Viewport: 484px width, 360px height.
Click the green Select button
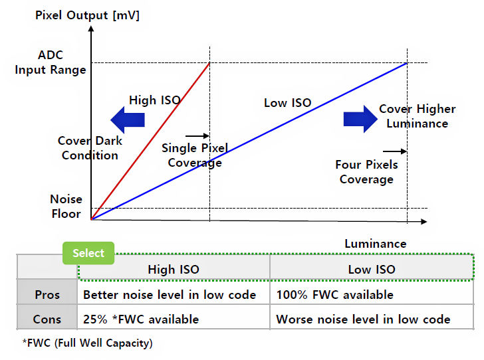[88, 253]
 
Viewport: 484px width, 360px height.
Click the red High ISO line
[150, 141]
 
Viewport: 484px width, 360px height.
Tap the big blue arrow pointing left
[128, 120]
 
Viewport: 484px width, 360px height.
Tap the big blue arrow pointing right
[360, 118]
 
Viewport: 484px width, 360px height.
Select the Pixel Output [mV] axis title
[86, 15]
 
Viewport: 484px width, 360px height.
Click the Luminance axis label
[375, 244]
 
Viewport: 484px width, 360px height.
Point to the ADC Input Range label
[51, 63]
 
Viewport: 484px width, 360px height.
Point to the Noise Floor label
[66, 206]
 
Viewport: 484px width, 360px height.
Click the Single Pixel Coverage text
[195, 155]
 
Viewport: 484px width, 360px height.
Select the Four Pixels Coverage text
[366, 171]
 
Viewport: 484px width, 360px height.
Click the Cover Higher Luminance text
[417, 116]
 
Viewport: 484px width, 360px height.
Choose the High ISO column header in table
[174, 269]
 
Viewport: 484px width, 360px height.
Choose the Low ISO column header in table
[372, 269]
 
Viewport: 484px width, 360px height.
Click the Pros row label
[47, 294]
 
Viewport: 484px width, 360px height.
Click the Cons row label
[47, 319]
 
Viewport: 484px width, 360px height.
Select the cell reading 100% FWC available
[335, 294]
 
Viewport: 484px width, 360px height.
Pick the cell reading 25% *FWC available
[141, 319]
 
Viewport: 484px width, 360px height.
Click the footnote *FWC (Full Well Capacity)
[87, 343]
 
